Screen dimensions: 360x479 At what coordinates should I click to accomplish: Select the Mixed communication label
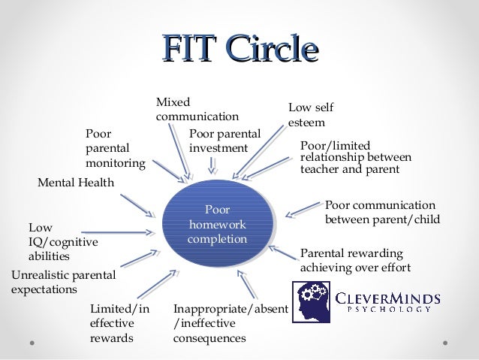pyautogui.click(x=197, y=109)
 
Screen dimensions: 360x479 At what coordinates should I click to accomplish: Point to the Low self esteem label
pyautogui.click(x=311, y=114)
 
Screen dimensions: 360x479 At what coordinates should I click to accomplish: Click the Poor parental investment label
pyautogui.click(x=224, y=141)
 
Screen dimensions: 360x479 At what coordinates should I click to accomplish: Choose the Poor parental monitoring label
pyautogui.click(x=115, y=148)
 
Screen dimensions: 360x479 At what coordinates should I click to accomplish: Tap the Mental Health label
pyautogui.click(x=76, y=182)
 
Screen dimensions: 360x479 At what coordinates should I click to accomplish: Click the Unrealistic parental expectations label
pyautogui.click(x=63, y=282)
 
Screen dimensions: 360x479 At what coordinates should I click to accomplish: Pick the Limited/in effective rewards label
pyautogui.click(x=119, y=323)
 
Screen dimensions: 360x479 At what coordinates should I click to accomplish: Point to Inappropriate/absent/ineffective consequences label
pyautogui.click(x=220, y=323)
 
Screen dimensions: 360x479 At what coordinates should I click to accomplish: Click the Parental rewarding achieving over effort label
pyautogui.click(x=351, y=260)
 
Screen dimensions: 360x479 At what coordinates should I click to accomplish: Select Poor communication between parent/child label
pyautogui.click(x=381, y=213)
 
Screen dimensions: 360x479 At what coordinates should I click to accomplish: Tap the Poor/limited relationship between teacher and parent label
pyautogui.click(x=355, y=157)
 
